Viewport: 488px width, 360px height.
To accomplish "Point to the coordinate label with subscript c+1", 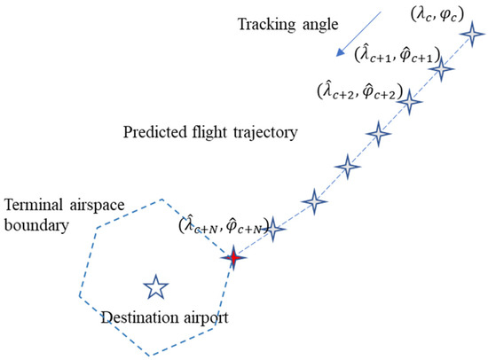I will point(392,56).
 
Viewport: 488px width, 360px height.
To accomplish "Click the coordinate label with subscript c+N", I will point(226,230).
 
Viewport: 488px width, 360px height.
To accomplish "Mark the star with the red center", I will point(233,258).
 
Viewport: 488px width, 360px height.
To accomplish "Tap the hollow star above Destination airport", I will point(156,286).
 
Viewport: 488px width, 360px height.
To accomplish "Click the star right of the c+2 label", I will point(409,103).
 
